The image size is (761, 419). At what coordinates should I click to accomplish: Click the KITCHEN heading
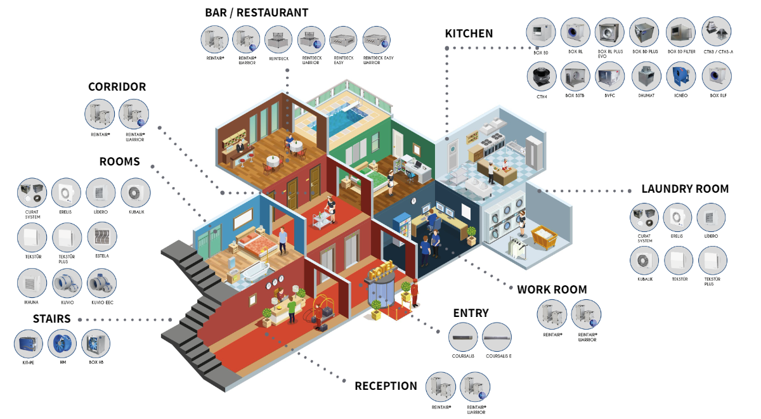(469, 34)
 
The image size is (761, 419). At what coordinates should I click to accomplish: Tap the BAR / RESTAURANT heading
(256, 13)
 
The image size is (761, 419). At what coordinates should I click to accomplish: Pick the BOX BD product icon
(541, 32)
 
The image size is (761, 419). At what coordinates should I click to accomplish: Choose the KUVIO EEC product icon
(101, 283)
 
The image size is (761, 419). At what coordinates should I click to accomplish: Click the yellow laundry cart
(544, 238)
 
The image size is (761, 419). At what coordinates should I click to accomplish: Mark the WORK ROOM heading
(552, 290)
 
